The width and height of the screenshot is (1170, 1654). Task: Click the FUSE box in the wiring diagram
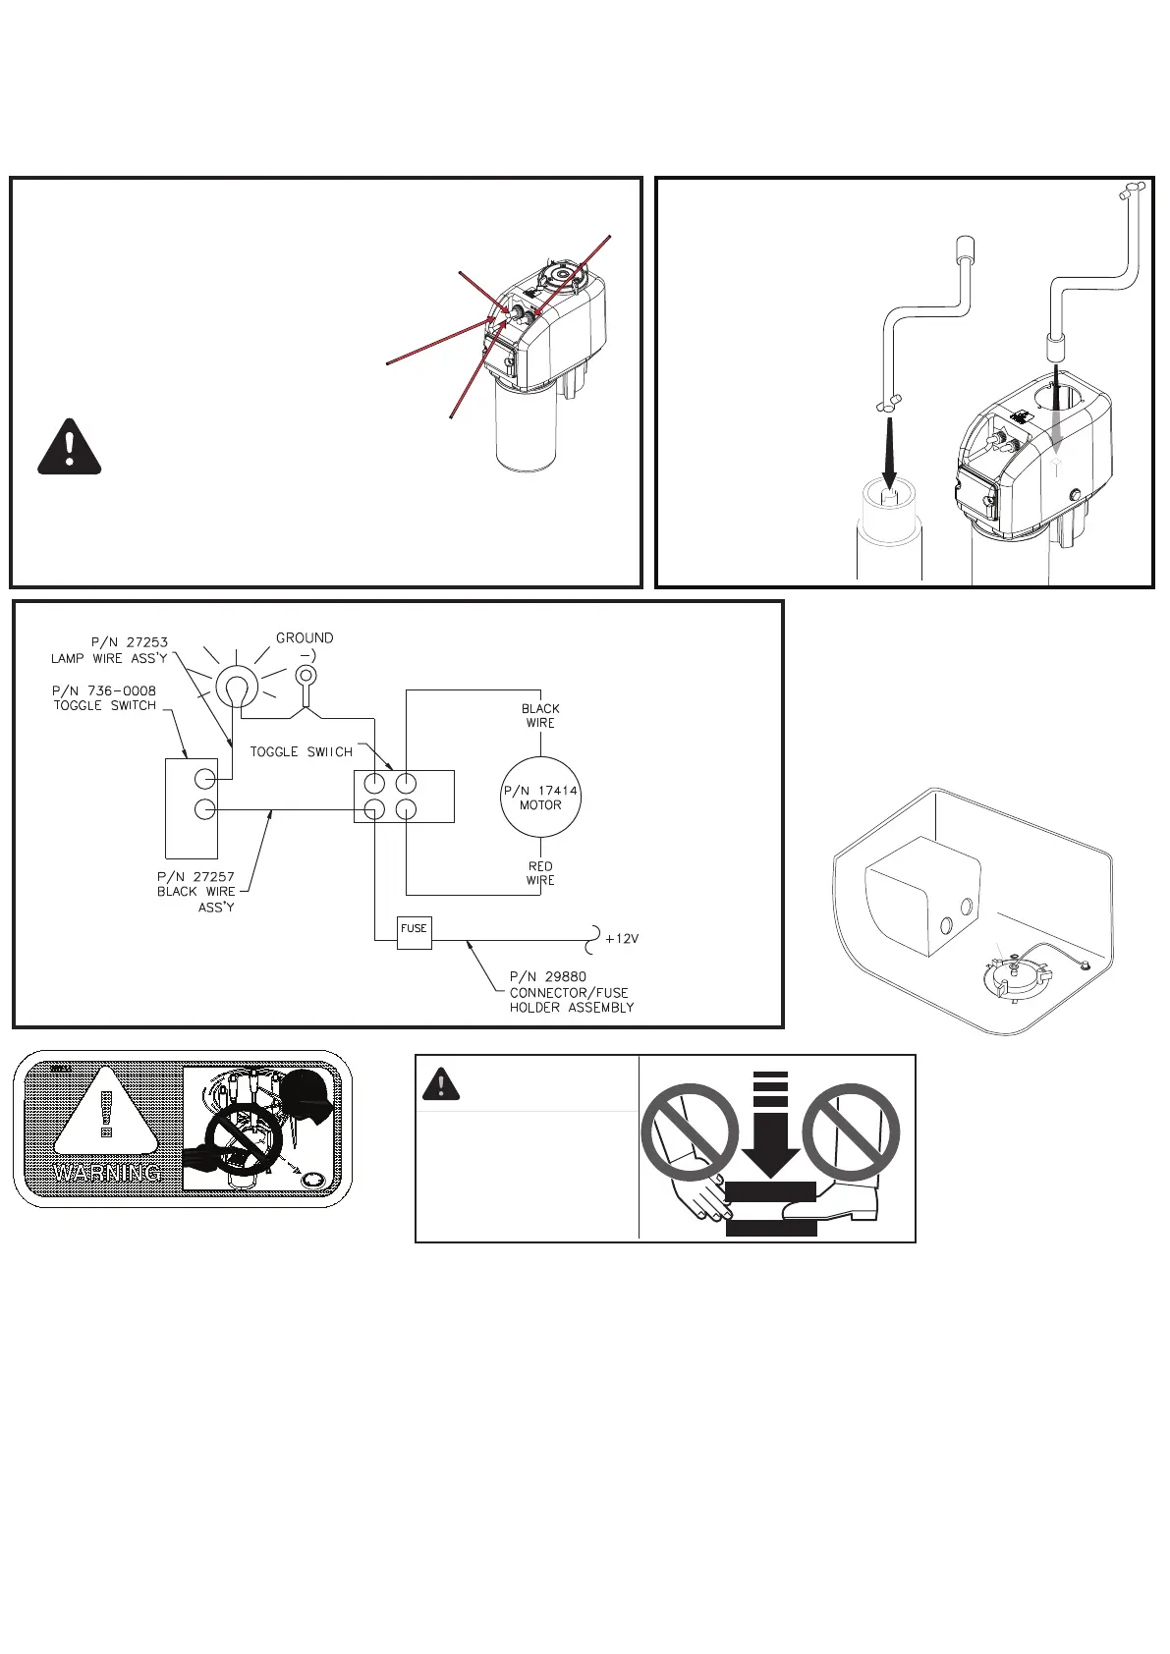click(x=414, y=931)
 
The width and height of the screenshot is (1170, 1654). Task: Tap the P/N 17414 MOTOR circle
click(x=540, y=797)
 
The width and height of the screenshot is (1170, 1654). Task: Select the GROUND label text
click(x=305, y=638)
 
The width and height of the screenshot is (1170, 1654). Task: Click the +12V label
click(x=622, y=939)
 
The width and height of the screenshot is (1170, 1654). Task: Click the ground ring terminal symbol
click(x=306, y=676)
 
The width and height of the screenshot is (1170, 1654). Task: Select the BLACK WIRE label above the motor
click(x=540, y=715)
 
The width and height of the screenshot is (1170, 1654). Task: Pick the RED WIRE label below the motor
click(x=540, y=873)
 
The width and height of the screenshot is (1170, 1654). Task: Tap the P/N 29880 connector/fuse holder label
click(x=571, y=992)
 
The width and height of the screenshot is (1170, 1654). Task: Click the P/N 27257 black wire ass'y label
click(x=196, y=891)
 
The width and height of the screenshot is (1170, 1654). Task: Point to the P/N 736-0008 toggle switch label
click(x=104, y=698)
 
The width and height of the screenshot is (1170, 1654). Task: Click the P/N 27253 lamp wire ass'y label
click(x=110, y=650)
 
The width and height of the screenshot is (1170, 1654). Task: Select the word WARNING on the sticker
click(x=108, y=1173)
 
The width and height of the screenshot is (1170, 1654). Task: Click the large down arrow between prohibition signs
click(x=771, y=1125)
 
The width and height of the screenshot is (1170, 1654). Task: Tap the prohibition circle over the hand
click(x=690, y=1132)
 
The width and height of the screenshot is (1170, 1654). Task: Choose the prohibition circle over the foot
click(x=851, y=1132)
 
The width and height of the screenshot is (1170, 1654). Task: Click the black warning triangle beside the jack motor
click(x=70, y=448)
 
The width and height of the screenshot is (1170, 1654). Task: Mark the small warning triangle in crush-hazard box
click(x=441, y=1083)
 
